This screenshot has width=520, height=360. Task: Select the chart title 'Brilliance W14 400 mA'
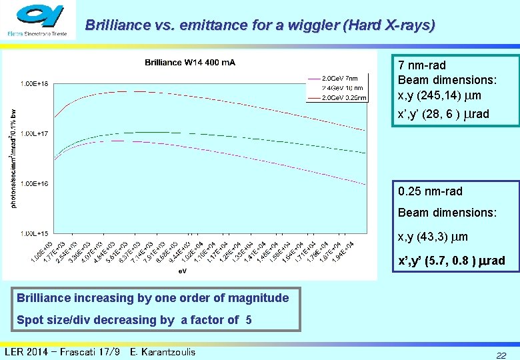coord(190,63)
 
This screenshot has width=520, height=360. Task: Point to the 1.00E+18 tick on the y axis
coord(33,83)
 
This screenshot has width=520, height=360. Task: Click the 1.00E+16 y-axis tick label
coord(33,183)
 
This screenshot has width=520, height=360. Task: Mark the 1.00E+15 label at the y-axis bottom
coord(33,233)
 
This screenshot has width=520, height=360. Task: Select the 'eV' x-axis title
coord(182,271)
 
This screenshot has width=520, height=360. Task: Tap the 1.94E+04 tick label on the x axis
coord(347,252)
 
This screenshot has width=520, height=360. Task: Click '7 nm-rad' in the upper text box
coord(421,65)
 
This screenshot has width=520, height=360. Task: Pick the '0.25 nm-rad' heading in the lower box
coord(429,191)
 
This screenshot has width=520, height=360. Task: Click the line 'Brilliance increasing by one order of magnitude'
coord(153,298)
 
